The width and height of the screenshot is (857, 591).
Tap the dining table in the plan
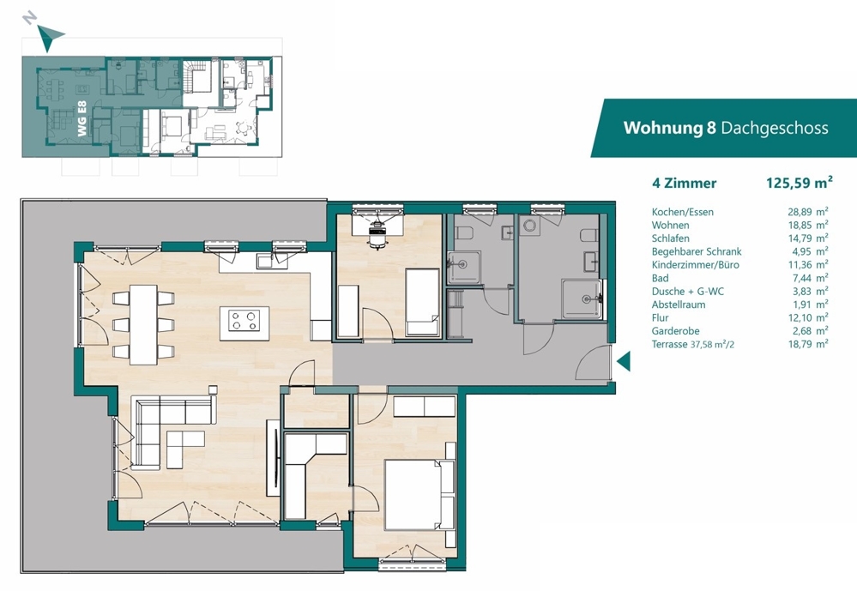point(143,325)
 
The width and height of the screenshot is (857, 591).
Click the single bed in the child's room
point(422,302)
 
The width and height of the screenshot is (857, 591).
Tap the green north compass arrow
point(49,37)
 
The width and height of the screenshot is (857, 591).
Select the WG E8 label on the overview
point(82,118)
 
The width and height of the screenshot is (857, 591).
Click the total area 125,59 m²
point(799,183)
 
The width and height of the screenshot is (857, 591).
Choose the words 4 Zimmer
point(684,184)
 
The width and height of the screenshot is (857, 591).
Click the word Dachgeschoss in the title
point(775,128)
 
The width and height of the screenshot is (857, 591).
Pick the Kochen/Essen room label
point(683,212)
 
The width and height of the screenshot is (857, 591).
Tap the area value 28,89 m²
point(808,212)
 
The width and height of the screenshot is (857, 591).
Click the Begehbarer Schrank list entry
point(697,251)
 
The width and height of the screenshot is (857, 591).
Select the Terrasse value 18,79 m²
point(808,344)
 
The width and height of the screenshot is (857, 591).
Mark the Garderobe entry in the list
point(675,331)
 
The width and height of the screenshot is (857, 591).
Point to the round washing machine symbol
point(529,226)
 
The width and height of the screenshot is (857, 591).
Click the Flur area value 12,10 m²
point(808,317)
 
